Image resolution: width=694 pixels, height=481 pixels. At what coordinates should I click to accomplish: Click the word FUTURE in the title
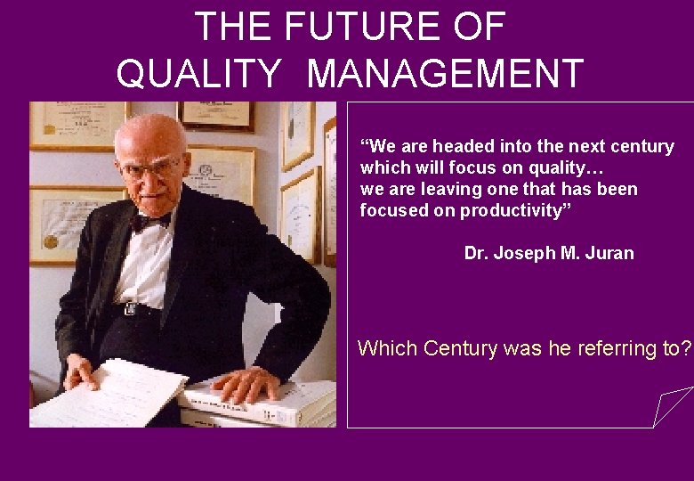(360, 27)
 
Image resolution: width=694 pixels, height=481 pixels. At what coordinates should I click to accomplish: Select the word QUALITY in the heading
(198, 74)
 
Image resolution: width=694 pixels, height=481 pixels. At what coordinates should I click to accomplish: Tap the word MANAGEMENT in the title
(445, 74)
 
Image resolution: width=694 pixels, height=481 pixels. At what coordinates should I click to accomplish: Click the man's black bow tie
(150, 220)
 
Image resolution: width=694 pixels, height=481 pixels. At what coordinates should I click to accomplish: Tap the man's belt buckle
(131, 308)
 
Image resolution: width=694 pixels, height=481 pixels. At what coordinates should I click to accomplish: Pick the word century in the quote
(643, 146)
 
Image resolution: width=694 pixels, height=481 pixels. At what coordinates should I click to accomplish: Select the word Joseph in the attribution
(524, 253)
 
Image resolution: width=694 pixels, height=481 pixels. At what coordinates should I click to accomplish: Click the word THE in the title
(234, 27)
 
